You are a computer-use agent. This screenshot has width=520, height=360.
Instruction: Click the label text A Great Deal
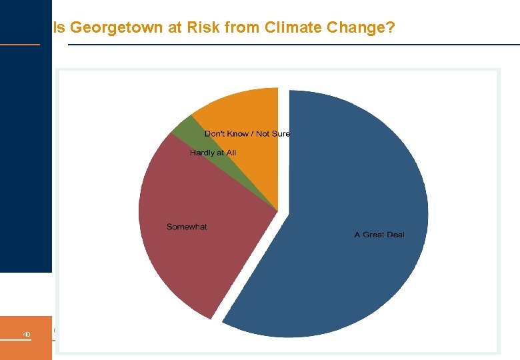pyautogui.click(x=379, y=235)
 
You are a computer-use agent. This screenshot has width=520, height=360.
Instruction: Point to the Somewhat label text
pyautogui.click(x=187, y=227)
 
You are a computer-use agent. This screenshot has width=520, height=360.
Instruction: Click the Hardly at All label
pyautogui.click(x=213, y=153)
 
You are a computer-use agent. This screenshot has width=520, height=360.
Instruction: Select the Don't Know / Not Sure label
pyautogui.click(x=247, y=133)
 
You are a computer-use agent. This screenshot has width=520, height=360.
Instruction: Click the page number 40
pyautogui.click(x=27, y=334)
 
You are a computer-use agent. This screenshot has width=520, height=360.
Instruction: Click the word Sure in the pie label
pyautogui.click(x=281, y=133)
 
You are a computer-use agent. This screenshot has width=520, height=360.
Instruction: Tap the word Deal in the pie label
pyautogui.click(x=394, y=235)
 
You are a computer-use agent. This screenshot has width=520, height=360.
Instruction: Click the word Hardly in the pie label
pyautogui.click(x=202, y=153)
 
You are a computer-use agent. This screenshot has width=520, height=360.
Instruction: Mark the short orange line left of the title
pyautogui.click(x=20, y=45)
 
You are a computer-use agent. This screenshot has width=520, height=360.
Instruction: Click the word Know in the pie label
pyautogui.click(x=239, y=133)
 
